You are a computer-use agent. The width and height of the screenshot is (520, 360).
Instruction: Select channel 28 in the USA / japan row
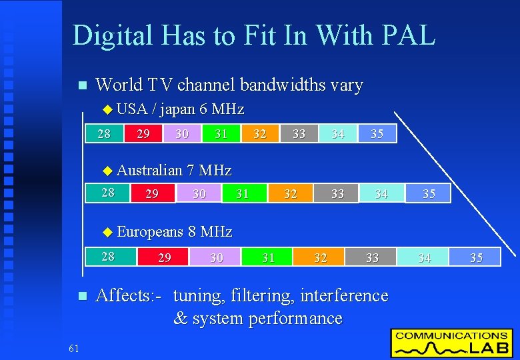point(104,133)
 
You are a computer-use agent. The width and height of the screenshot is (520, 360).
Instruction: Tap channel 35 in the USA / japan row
point(377,133)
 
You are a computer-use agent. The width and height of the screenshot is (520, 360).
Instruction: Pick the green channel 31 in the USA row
point(221,133)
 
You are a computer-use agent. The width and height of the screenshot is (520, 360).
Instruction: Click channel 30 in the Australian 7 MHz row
point(199,193)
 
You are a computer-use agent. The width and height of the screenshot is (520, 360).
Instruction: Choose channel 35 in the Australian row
point(429,193)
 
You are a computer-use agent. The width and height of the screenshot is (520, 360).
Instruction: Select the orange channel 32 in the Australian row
point(290,193)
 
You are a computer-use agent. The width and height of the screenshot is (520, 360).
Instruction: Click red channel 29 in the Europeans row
point(163,257)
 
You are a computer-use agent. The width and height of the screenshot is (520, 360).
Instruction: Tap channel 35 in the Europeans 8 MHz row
point(476,257)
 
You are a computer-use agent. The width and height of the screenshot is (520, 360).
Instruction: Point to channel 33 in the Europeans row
point(372,257)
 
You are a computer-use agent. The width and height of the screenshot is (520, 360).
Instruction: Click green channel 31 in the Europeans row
point(268,257)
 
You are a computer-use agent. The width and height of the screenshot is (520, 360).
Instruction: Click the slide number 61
point(73,347)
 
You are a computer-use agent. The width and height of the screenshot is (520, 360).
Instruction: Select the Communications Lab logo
point(451,343)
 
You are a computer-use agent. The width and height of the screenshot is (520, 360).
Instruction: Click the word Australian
point(149,171)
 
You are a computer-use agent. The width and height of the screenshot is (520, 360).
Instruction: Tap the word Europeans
point(149,232)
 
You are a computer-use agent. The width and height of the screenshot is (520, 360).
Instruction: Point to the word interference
point(344,295)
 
